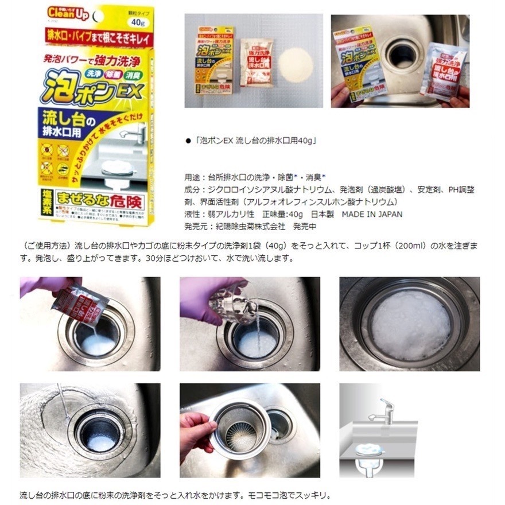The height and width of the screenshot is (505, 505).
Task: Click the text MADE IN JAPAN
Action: click(x=372, y=214)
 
